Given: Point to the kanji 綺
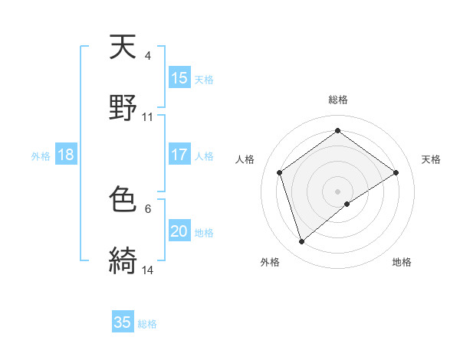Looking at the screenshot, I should pyautogui.click(x=123, y=261).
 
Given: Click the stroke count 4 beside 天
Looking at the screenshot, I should pyautogui.click(x=148, y=56).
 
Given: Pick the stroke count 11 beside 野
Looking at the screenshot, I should pyautogui.click(x=148, y=117).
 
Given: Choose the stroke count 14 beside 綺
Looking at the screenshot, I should pyautogui.click(x=148, y=270).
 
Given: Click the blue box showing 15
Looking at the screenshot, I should pyautogui.click(x=179, y=78).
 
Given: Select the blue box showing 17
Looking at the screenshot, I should pyautogui.click(x=179, y=155).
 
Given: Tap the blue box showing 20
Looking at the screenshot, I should pyautogui.click(x=179, y=231).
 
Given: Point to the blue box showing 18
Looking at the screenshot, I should pyautogui.click(x=66, y=155).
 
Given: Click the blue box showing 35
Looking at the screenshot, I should pyautogui.click(x=123, y=322).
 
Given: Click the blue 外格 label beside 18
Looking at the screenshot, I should pyautogui.click(x=41, y=155).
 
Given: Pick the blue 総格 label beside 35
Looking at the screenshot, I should pyautogui.click(x=148, y=323).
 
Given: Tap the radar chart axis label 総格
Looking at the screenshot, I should pyautogui.click(x=338, y=100).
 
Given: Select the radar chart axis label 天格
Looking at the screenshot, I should pyautogui.click(x=432, y=159).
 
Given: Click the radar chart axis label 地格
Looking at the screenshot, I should pyautogui.click(x=402, y=262).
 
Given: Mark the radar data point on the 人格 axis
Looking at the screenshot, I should pyautogui.click(x=280, y=172).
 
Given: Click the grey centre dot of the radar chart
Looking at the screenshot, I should pyautogui.click(x=337, y=191).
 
